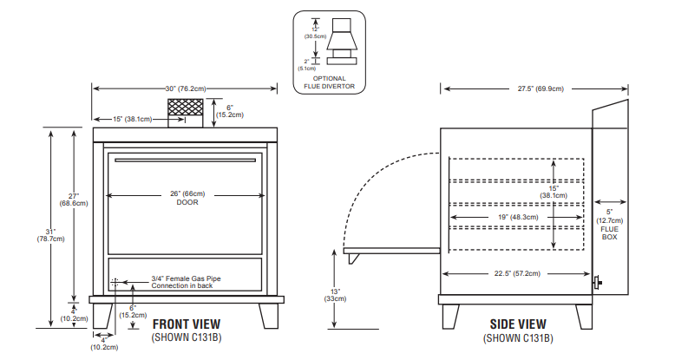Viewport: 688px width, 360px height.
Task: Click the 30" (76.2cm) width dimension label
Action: point(185,88)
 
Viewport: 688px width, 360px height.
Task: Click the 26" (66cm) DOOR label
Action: point(187,198)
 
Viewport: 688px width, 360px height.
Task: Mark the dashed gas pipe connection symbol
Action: point(115,283)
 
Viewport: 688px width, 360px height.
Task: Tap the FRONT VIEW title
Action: point(183,324)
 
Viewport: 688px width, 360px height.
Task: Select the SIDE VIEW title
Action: point(519,324)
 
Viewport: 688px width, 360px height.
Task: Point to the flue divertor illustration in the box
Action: point(331,46)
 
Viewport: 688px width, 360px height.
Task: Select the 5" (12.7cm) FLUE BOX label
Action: point(609,224)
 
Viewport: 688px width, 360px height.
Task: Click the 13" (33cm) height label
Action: point(334,295)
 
